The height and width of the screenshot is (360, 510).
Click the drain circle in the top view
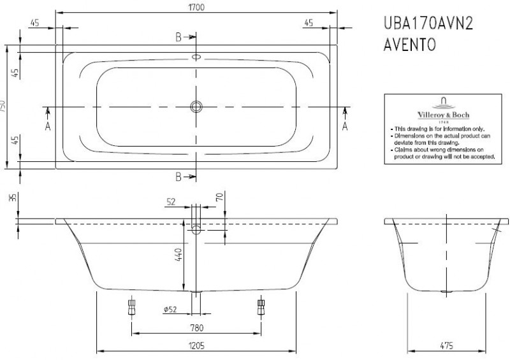[x=196, y=106]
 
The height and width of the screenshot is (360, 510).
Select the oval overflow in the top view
[x=196, y=56]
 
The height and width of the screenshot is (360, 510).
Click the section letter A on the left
[x=48, y=126]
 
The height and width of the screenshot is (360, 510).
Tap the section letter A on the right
[x=345, y=126]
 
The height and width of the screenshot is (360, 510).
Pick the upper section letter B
[x=179, y=37]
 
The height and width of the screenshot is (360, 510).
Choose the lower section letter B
[x=179, y=176]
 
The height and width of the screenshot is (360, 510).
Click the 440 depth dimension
[x=179, y=256]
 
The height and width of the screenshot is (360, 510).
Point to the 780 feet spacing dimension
[x=196, y=328]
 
